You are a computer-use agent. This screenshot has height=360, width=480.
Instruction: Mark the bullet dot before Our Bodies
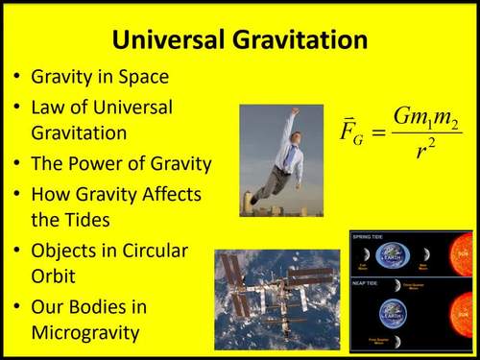[x=18, y=308]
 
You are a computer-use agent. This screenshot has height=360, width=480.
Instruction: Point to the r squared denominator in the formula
[x=427, y=151]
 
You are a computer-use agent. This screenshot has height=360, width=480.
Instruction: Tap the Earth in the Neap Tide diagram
[x=391, y=311]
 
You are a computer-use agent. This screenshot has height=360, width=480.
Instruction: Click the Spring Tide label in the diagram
[x=369, y=236]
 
